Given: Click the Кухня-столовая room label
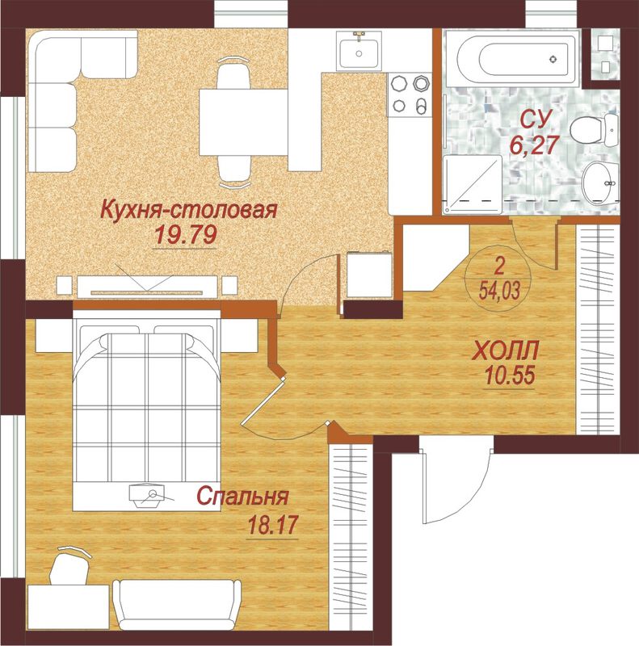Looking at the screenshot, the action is pos(189,209).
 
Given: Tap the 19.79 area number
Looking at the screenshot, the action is pos(185,236).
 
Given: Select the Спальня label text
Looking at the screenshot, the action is pos(242,497).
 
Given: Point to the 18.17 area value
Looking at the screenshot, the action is pos(272,526).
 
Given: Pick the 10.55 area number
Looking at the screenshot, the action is pos(510,375).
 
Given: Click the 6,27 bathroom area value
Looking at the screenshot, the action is pos(534,145).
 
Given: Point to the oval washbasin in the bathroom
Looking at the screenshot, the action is pos(600,182).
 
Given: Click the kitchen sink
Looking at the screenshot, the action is pos(359,51).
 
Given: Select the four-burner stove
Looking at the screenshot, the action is pos(410,94).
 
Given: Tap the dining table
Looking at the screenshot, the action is pos(243,123).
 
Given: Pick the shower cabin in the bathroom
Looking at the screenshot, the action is pos(473,185).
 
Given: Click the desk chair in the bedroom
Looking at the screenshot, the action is pos(71,564).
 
